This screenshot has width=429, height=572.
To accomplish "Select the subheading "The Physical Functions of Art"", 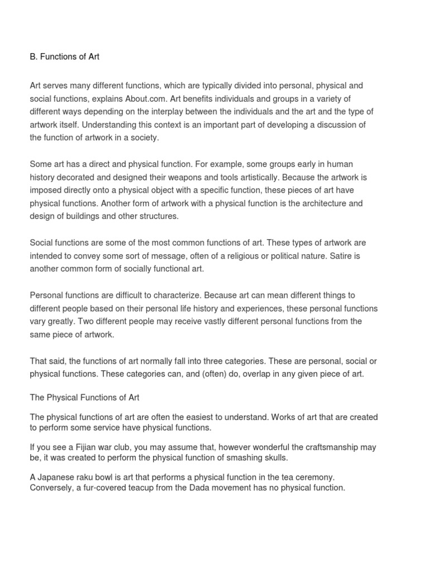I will pyautogui.click(x=84, y=398).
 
